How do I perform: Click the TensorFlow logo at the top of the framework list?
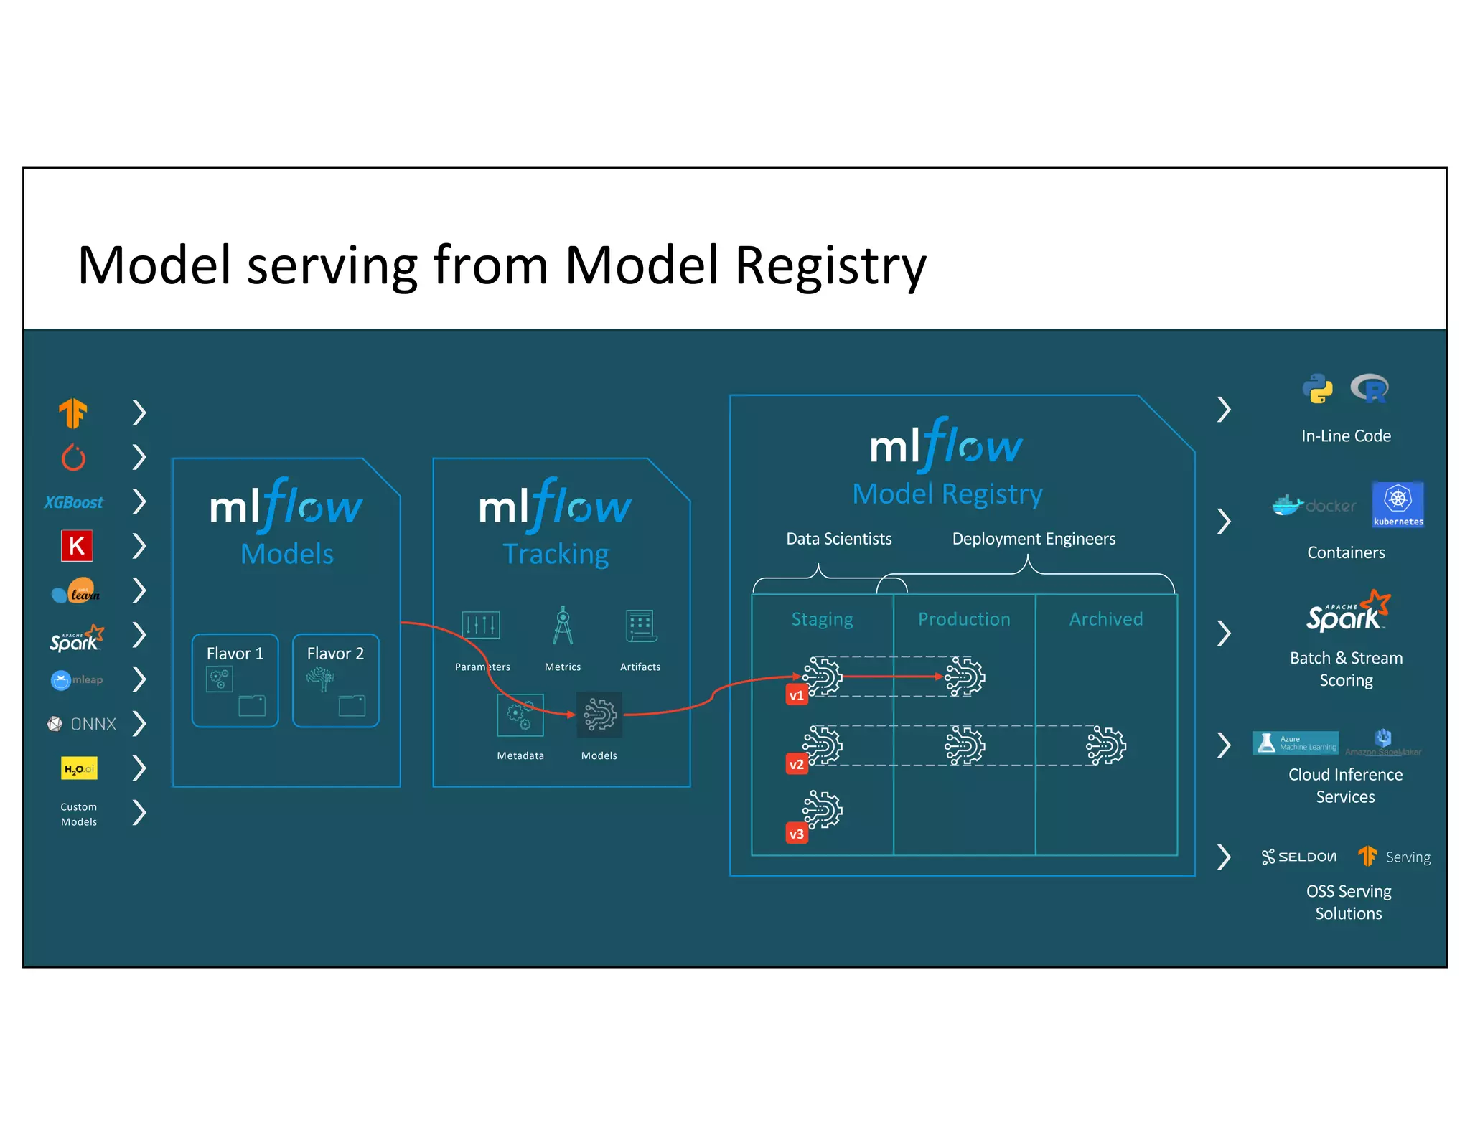(73, 413)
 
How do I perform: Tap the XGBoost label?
(73, 502)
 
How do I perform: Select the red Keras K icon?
(77, 546)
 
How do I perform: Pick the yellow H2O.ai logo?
(79, 768)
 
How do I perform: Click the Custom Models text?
(79, 814)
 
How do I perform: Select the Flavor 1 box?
(235, 680)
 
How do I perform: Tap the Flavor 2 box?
(335, 680)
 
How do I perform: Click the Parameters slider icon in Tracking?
(481, 626)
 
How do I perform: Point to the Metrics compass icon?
(563, 626)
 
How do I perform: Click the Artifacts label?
(640, 667)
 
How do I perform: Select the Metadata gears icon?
(520, 715)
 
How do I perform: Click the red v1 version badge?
(797, 695)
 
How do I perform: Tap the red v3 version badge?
(797, 834)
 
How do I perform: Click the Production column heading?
(964, 619)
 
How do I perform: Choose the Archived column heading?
(1106, 619)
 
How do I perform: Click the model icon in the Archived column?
(1106, 746)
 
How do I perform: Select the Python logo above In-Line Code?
(1318, 389)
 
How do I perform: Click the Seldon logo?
(1299, 857)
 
